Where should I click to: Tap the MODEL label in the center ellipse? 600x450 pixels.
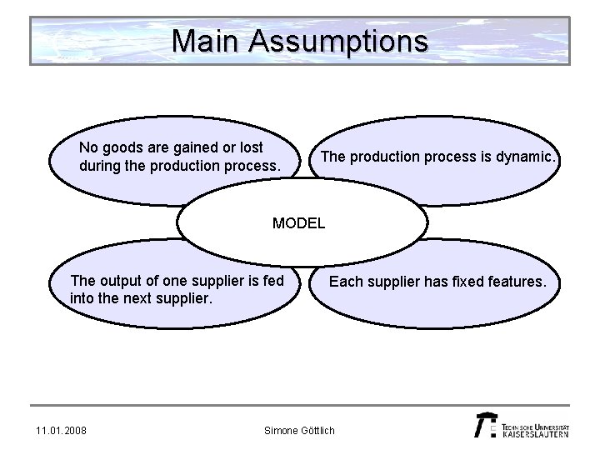[x=299, y=223]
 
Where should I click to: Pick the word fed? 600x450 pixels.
[x=273, y=281]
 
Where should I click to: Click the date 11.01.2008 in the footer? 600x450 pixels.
[x=62, y=430]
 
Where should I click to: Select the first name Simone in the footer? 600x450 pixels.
[x=280, y=430]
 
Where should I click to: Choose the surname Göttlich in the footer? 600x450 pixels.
[x=317, y=430]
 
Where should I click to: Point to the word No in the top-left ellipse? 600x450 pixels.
[x=88, y=148]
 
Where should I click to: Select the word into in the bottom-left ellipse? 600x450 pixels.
[x=83, y=297]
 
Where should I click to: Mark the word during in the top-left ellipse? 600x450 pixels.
[x=98, y=165]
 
